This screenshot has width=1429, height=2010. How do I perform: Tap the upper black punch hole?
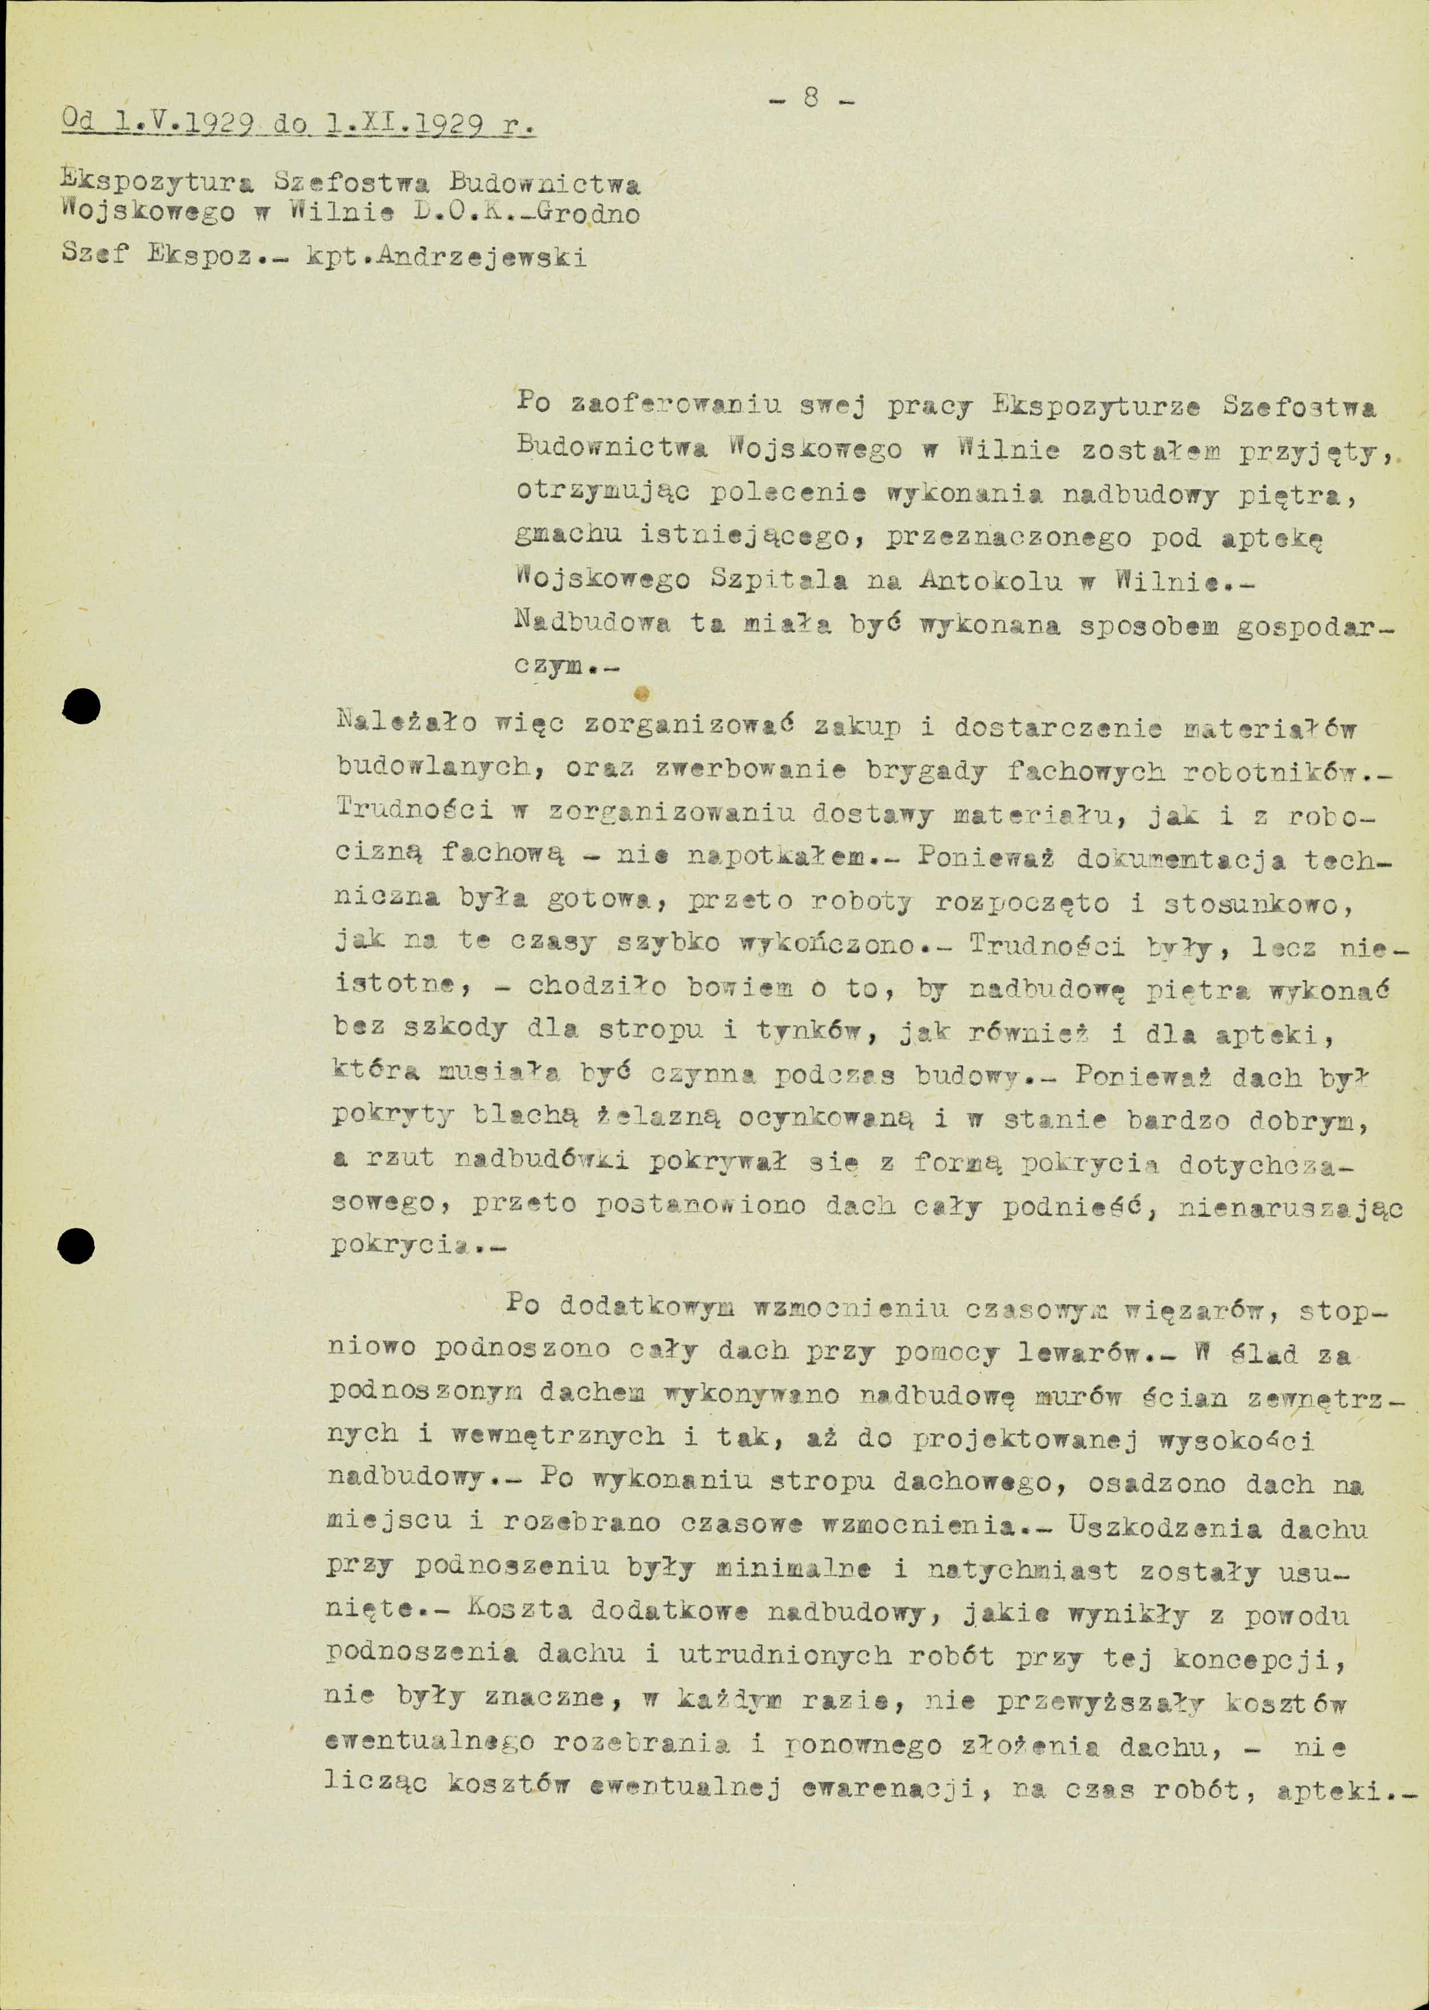coord(81,706)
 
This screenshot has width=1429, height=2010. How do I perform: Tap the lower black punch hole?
coord(76,1245)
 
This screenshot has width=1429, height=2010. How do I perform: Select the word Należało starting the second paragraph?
coord(407,725)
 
